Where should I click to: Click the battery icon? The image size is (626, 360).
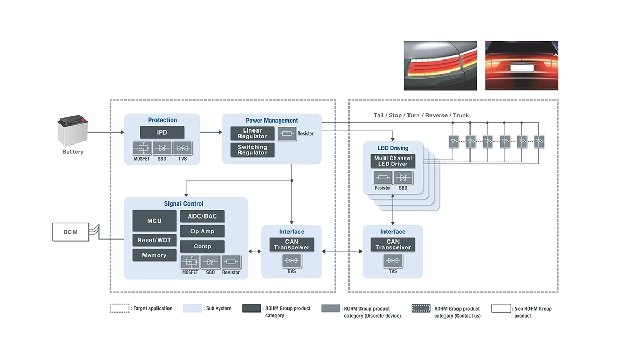pos(73,133)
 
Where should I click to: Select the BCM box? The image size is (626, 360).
pos(70,232)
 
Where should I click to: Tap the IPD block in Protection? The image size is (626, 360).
pos(162,133)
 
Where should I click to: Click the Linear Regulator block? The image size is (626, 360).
pos(252,134)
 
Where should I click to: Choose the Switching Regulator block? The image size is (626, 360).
pos(252,150)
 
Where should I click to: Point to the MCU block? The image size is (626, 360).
pos(154,221)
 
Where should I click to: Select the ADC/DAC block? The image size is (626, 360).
pos(202,216)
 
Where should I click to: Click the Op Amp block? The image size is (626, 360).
pos(202,231)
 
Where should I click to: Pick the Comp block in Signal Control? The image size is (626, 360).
pos(202,246)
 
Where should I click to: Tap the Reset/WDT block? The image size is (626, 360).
pos(154,241)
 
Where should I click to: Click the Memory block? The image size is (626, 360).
pos(154,255)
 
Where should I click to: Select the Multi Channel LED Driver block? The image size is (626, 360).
pos(393,161)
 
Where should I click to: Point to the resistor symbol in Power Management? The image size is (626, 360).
pos(286,134)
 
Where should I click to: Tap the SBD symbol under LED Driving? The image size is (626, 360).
pos(403,178)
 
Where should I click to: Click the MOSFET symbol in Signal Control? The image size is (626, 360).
pos(190,262)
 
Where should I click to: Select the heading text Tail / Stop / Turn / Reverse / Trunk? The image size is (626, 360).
pos(421,115)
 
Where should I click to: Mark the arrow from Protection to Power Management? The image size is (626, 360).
pos(211,133)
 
